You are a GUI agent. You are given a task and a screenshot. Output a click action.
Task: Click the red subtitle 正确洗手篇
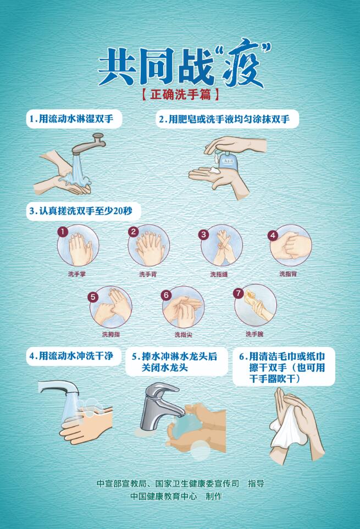coord(180,94)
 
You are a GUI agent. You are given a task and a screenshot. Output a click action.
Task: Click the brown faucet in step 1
coord(89,144)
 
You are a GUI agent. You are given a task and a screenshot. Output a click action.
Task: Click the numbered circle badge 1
coord(63,232)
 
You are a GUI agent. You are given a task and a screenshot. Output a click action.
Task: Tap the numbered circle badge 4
coord(273,235)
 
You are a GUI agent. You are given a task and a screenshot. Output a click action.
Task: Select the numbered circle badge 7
coord(239,293)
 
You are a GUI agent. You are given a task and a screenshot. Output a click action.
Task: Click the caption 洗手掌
coord(77,274)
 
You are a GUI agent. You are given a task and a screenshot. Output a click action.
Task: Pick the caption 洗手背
coord(148,274)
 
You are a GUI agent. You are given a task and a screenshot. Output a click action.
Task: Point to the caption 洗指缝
coord(219,274)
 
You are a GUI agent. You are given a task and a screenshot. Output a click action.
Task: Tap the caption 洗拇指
coord(111,335)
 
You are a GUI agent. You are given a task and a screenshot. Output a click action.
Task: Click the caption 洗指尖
coord(183,335)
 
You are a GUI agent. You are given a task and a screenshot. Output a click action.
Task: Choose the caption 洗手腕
coord(254,334)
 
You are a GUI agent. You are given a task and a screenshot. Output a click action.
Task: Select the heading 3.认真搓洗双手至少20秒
coord(81,211)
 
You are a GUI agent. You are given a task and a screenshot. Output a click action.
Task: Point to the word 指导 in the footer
coord(256,483)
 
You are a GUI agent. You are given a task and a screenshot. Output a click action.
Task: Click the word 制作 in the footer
coord(214,496)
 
